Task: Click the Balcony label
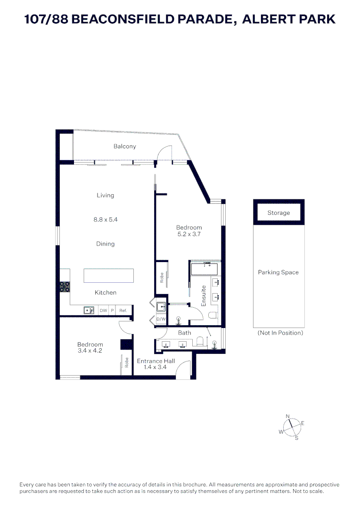coord(124,147)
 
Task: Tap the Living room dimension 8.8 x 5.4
coord(105,219)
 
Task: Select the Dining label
coord(105,244)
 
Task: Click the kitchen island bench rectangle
coord(108,275)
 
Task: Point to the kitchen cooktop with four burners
coord(65,287)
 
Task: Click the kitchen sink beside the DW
coord(89,310)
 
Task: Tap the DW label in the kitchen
coord(103,311)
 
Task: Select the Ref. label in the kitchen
coord(123,311)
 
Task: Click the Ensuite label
coord(204,296)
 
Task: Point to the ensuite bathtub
coord(204,269)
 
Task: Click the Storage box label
coord(278,213)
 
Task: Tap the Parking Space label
coord(278,272)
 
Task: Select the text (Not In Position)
coord(280,333)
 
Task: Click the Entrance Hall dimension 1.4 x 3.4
coord(156,368)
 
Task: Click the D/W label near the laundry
coord(161,319)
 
